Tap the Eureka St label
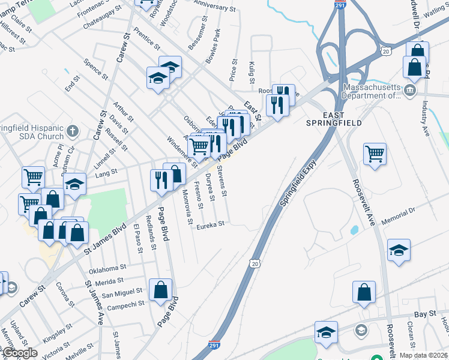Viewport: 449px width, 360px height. pyautogui.click(x=211, y=224)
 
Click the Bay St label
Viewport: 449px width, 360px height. pyautogui.click(x=424, y=314)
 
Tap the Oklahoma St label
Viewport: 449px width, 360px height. pyautogui.click(x=108, y=268)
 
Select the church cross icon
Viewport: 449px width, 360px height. pyautogui.click(x=72, y=130)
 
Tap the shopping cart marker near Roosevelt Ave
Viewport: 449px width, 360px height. pyautogui.click(x=375, y=154)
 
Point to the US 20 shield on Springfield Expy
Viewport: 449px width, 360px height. pyautogui.click(x=256, y=264)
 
